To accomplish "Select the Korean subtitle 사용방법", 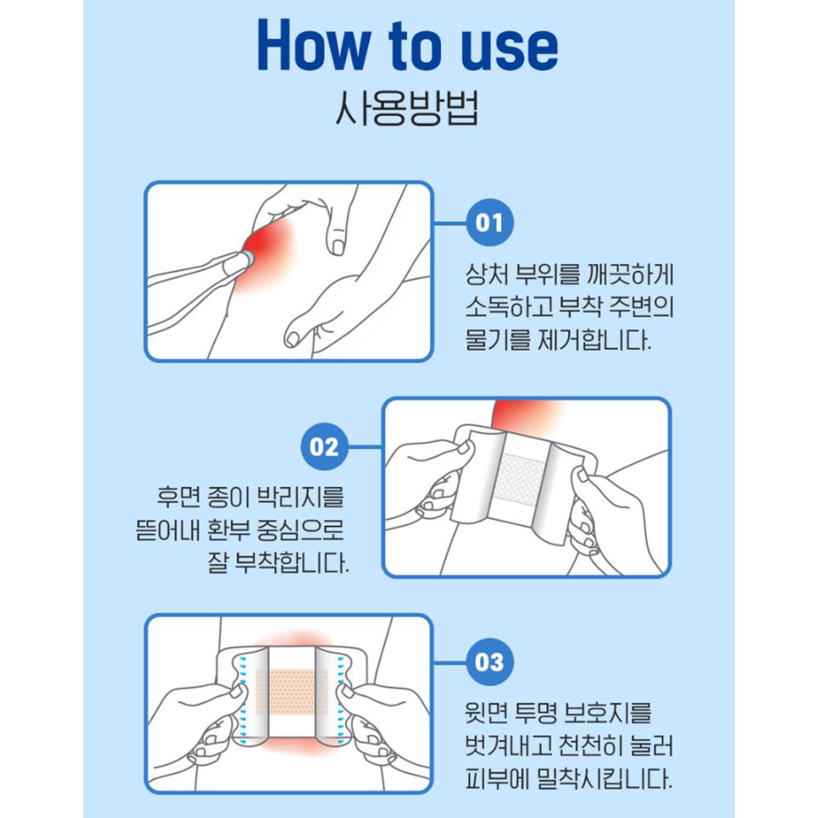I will pos(407,110).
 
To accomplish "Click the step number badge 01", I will pos(489,222).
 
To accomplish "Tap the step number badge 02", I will pos(325,447).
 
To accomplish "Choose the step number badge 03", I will pos(489,662).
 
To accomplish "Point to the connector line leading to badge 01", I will pos(450,222).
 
